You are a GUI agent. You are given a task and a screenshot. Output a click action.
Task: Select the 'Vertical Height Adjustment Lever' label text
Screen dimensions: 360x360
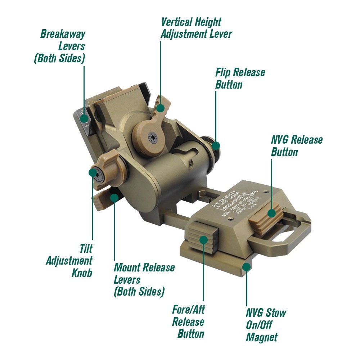(x=196, y=28)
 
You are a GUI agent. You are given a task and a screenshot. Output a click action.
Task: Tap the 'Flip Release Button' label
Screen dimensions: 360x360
(x=240, y=78)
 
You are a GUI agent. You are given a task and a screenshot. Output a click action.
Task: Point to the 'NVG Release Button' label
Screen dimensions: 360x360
(x=297, y=145)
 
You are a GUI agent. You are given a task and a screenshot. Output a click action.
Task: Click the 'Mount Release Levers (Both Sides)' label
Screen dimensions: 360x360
(x=144, y=279)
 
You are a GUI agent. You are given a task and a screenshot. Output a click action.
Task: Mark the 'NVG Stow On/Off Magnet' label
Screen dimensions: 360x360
(x=266, y=325)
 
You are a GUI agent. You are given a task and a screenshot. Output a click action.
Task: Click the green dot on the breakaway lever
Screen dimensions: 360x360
(x=85, y=126)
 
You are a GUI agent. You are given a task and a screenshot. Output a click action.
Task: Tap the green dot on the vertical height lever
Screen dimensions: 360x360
(x=161, y=107)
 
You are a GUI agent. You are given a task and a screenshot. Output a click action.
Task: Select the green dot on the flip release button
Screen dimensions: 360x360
(x=216, y=145)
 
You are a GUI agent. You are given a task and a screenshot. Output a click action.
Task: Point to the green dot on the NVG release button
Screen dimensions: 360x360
(x=272, y=213)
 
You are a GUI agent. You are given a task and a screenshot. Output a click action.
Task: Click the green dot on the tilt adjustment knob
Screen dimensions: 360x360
(x=93, y=173)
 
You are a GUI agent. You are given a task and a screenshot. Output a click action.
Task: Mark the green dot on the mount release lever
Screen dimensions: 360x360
(x=114, y=197)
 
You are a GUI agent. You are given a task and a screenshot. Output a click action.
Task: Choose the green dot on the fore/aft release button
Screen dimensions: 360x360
(x=204, y=239)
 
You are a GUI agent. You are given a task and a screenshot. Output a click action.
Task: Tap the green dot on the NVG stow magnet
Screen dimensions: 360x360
(x=247, y=267)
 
